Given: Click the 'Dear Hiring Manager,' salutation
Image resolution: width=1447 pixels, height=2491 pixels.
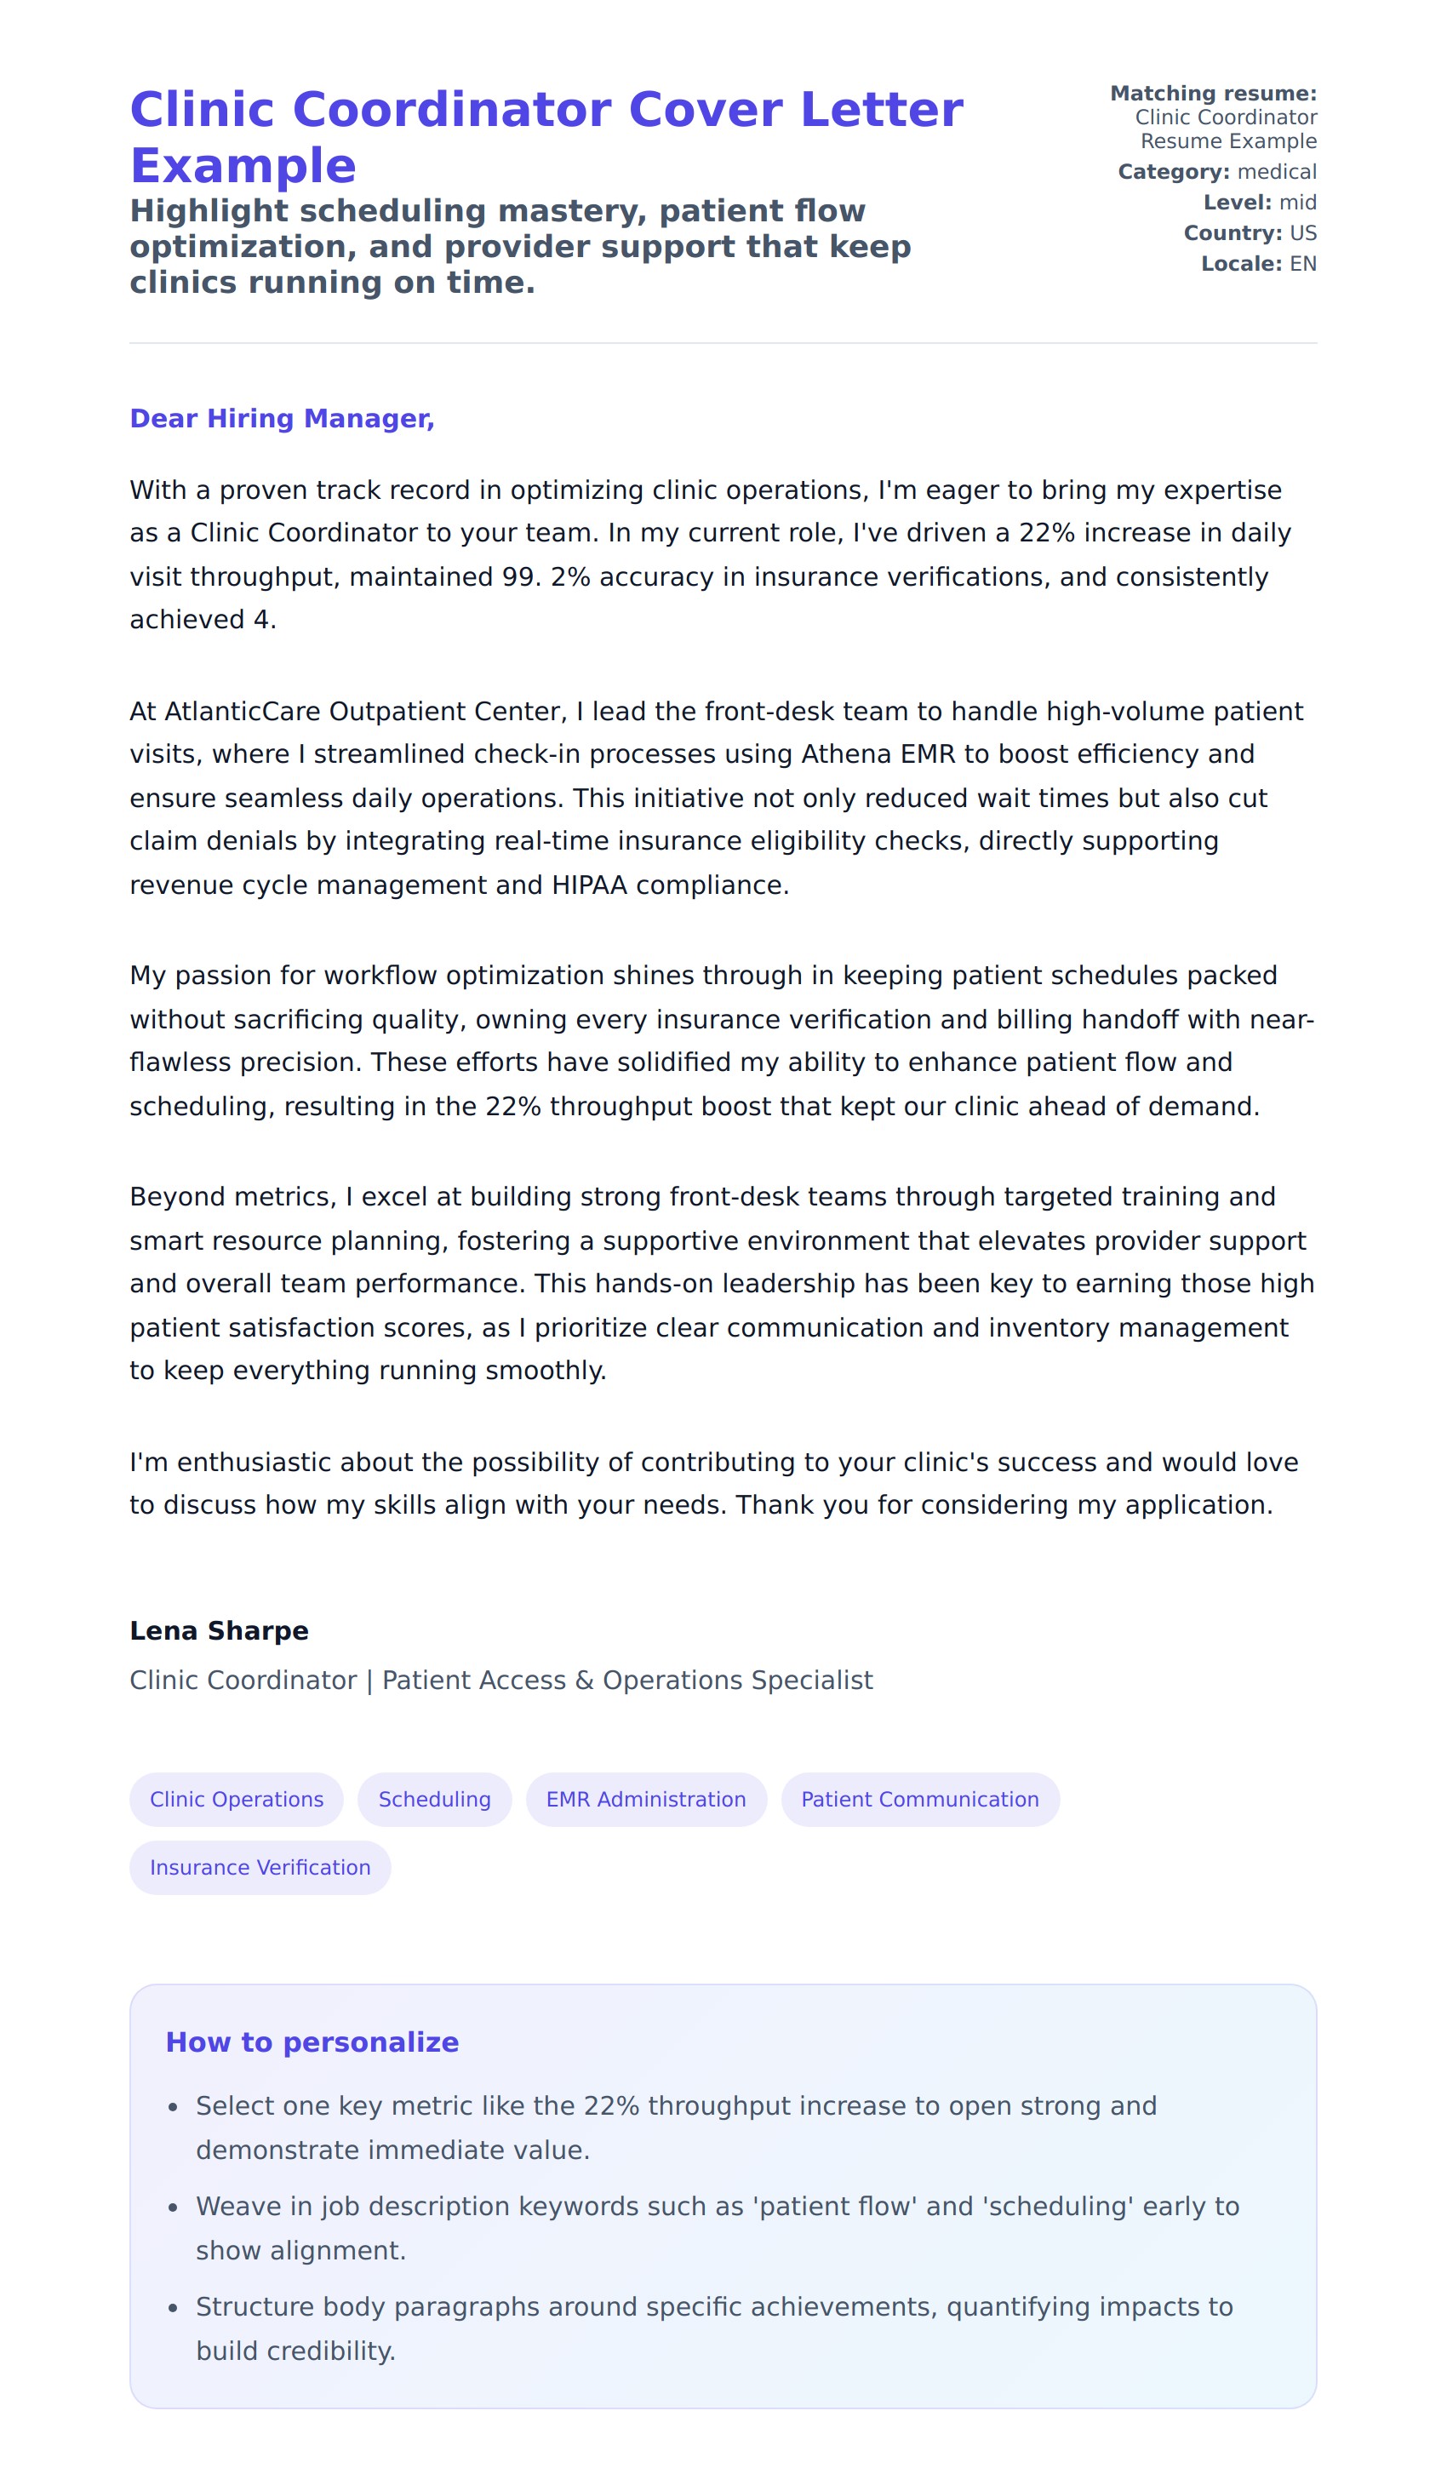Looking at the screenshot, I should (282, 419).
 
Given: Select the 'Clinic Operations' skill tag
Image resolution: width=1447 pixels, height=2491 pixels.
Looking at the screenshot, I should (237, 1799).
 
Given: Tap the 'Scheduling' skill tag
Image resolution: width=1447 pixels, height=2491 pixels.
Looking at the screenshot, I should (435, 1799).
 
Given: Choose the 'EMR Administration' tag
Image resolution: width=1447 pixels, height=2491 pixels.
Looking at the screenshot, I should (645, 1799).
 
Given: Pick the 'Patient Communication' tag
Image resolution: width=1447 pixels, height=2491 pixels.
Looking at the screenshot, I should (919, 1799).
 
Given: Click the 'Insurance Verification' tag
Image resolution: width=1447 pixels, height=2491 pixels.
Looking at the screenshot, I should (260, 1867).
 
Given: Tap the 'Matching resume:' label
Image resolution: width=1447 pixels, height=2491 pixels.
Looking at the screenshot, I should (1213, 94).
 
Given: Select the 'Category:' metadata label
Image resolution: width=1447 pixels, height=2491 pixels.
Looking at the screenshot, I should (1173, 172).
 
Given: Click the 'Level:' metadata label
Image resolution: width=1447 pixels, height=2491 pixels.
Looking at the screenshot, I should (1237, 203).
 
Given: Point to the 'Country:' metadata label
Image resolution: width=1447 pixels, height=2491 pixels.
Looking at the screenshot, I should (1233, 233).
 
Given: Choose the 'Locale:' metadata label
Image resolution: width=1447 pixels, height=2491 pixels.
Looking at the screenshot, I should (1240, 264).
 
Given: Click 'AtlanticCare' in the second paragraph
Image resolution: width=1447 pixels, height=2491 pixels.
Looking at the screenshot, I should (244, 712).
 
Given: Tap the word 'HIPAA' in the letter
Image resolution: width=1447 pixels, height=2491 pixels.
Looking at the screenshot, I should (589, 885).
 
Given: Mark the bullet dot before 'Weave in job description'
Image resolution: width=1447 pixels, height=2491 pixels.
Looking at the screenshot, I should (173, 2208).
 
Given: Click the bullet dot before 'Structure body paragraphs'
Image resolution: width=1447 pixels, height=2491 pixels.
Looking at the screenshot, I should (173, 2308).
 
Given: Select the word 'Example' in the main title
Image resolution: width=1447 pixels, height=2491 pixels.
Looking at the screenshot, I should (243, 166).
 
